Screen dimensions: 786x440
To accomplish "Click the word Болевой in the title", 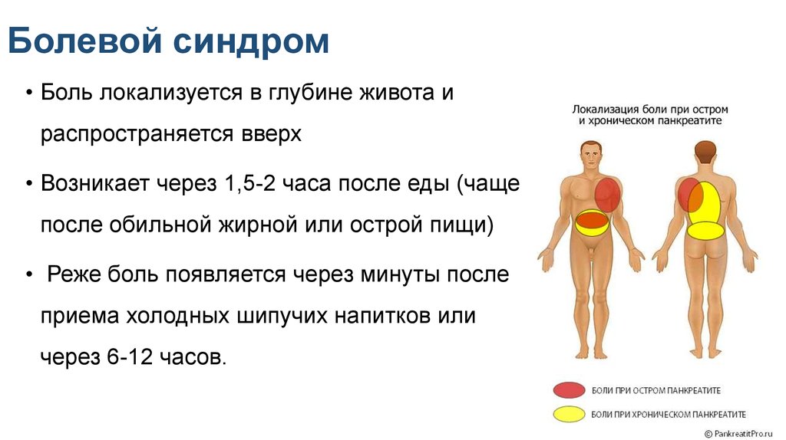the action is (x=85, y=41).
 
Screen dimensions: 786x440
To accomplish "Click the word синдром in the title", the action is (x=252, y=42).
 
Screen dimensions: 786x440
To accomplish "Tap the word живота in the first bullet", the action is (x=397, y=92).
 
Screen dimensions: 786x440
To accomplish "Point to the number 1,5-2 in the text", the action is (x=249, y=184).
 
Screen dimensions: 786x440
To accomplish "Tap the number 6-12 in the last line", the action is (x=129, y=357).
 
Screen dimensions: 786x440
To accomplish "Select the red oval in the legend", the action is (x=569, y=389).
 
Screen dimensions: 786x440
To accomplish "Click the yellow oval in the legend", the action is (x=569, y=414).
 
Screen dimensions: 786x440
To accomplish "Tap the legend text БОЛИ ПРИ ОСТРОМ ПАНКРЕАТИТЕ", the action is (x=656, y=390).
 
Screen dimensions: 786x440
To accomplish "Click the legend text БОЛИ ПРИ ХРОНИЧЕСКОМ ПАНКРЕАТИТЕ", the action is (x=669, y=415).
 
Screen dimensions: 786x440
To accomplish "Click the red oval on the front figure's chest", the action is (x=608, y=195).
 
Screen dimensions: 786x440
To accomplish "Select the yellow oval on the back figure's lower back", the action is (x=705, y=230).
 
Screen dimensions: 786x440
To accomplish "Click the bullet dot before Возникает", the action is (x=29, y=184).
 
